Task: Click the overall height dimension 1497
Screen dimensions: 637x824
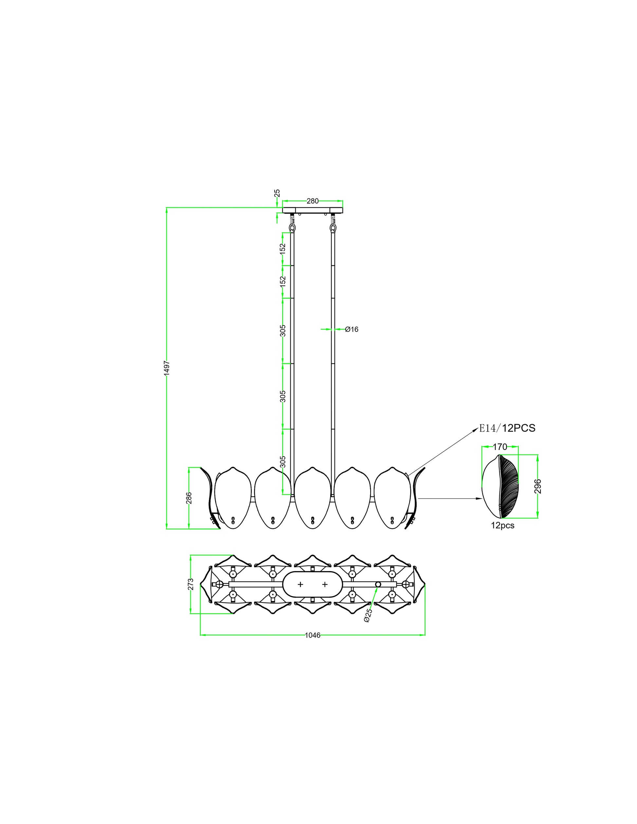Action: click(x=167, y=368)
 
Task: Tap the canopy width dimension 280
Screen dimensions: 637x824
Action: click(x=313, y=201)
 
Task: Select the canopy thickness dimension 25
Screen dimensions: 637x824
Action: click(x=277, y=193)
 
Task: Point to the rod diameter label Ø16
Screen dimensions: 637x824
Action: click(x=352, y=330)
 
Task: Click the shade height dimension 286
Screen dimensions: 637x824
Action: click(x=189, y=498)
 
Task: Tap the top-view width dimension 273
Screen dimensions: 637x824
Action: click(x=191, y=584)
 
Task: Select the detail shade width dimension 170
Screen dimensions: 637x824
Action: click(x=500, y=447)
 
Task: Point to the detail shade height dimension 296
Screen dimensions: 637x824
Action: click(x=538, y=486)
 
